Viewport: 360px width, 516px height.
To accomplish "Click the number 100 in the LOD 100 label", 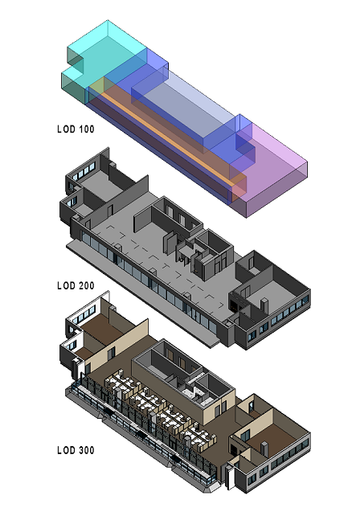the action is click(86, 129).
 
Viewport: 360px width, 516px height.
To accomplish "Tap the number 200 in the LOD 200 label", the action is click(86, 285).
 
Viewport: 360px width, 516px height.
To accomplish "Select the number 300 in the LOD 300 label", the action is click(86, 450).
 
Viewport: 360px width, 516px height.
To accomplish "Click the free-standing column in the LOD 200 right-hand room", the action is click(264, 306).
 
